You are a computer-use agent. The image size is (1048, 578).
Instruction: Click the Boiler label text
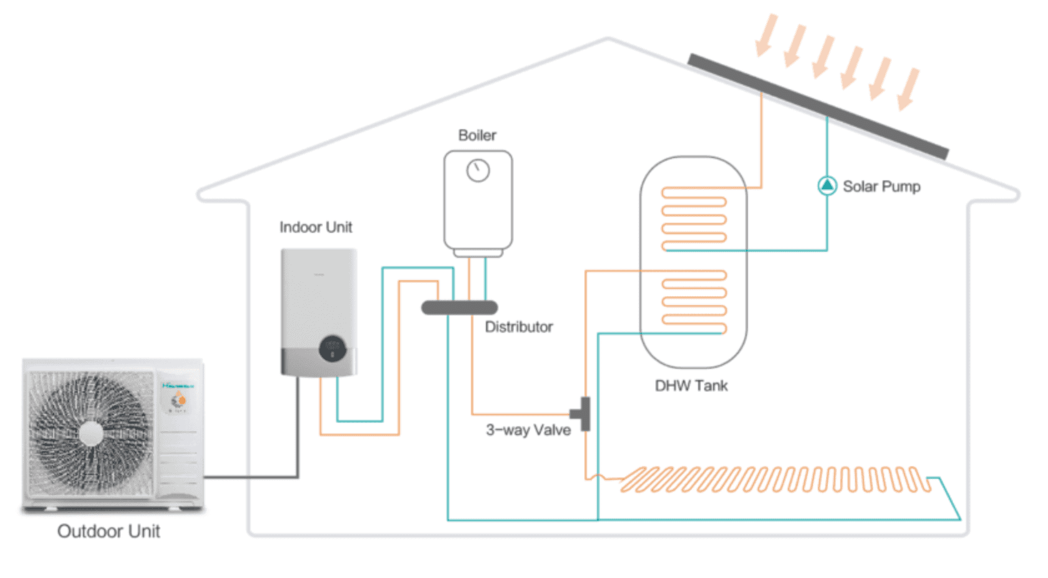[x=477, y=135]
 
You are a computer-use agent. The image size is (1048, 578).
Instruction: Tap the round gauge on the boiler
[x=478, y=170]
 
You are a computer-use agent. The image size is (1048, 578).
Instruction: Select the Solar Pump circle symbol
[x=827, y=185]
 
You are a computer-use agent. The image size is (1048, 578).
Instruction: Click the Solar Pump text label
[x=881, y=187]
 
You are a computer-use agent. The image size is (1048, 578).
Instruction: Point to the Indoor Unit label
[x=316, y=227]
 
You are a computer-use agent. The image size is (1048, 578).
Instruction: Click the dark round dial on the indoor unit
[x=332, y=349]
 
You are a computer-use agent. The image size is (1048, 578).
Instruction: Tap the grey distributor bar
[x=460, y=307]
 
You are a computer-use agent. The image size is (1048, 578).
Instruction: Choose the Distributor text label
[x=519, y=327]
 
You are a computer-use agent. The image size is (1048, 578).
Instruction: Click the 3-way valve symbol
[x=584, y=414]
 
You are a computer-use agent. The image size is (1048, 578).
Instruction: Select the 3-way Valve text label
[x=528, y=430]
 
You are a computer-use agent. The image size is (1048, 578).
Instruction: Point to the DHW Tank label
[x=691, y=386]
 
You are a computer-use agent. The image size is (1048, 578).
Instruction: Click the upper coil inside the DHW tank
[x=694, y=219]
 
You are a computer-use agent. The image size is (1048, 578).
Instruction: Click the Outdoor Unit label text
[x=109, y=531]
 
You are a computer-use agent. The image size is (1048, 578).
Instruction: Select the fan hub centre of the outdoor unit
[x=91, y=433]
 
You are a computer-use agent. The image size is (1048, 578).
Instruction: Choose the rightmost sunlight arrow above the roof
[x=908, y=89]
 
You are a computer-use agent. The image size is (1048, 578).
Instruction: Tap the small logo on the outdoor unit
[x=178, y=386]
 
